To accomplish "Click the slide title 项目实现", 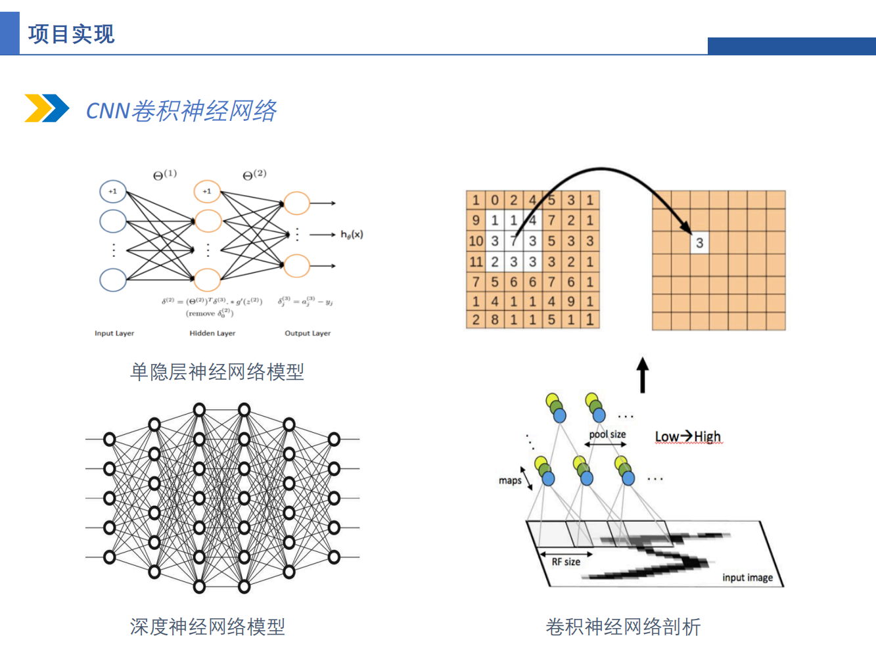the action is click(71, 34).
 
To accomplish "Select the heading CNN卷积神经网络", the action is click(181, 110).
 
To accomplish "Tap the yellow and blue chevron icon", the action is click(47, 108).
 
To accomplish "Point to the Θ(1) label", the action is click(164, 175).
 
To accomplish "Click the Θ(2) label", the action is click(254, 175).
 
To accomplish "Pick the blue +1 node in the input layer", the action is click(112, 191).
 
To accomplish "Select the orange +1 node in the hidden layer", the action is click(207, 191).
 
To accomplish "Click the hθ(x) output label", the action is click(352, 235).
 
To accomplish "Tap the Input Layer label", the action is click(114, 333).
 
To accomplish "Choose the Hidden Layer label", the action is click(212, 333).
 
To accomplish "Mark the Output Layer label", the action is click(308, 333).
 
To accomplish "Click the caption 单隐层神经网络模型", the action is click(217, 372).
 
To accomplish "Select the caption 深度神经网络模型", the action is click(208, 627).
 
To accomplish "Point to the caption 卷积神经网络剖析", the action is click(623, 627).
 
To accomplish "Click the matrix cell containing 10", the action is click(476, 241).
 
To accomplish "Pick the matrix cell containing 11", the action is click(476, 261).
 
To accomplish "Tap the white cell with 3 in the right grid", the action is click(699, 243).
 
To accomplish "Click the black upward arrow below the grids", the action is click(643, 375).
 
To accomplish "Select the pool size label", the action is click(607, 434).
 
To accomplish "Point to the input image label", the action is click(747, 578).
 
